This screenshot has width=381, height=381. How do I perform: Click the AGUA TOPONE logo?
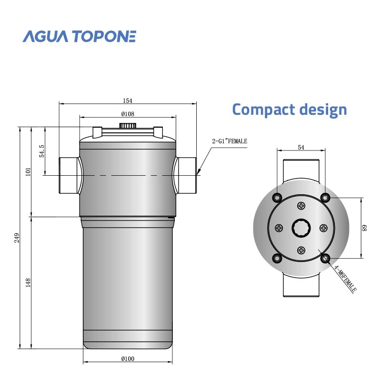point(80,36)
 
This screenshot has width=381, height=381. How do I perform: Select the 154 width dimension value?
point(127,100)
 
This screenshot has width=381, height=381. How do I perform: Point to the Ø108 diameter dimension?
point(127,114)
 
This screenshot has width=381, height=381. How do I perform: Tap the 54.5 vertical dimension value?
point(42,151)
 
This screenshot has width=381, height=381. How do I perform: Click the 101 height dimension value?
point(28,172)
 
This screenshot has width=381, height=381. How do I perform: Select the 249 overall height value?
point(17,237)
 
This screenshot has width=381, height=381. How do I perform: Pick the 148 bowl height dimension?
point(28,282)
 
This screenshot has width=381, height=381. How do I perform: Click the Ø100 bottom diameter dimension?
point(127,358)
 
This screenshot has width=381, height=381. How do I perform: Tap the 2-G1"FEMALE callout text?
point(230,141)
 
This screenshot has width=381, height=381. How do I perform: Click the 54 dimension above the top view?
point(301,148)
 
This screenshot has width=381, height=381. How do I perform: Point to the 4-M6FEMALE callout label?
point(345,279)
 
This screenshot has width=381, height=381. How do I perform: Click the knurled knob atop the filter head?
point(127,125)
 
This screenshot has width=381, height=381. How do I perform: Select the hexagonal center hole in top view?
point(301,228)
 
